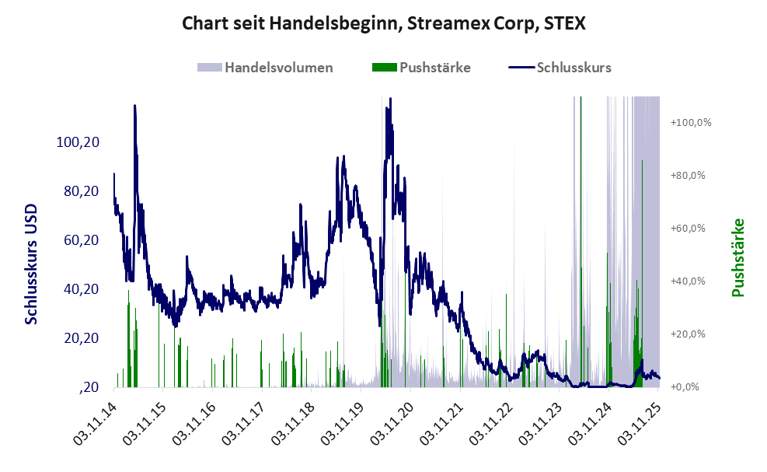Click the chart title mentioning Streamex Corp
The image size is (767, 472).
pyautogui.click(x=383, y=23)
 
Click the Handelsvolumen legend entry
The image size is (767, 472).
pyautogui.click(x=278, y=68)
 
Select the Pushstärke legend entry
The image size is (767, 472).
pyautogui.click(x=434, y=68)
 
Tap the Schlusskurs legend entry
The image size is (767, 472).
pyautogui.click(x=574, y=68)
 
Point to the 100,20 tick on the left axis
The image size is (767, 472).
pyautogui.click(x=77, y=142)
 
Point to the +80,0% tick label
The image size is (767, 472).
pyautogui.click(x=688, y=176)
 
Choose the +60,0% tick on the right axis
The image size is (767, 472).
pyautogui.click(x=688, y=229)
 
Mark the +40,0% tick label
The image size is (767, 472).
pyautogui.click(x=688, y=281)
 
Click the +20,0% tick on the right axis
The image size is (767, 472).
pyautogui.click(x=688, y=334)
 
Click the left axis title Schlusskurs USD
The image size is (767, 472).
pyautogui.click(x=31, y=264)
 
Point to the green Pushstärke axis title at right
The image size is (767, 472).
pyautogui.click(x=738, y=257)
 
